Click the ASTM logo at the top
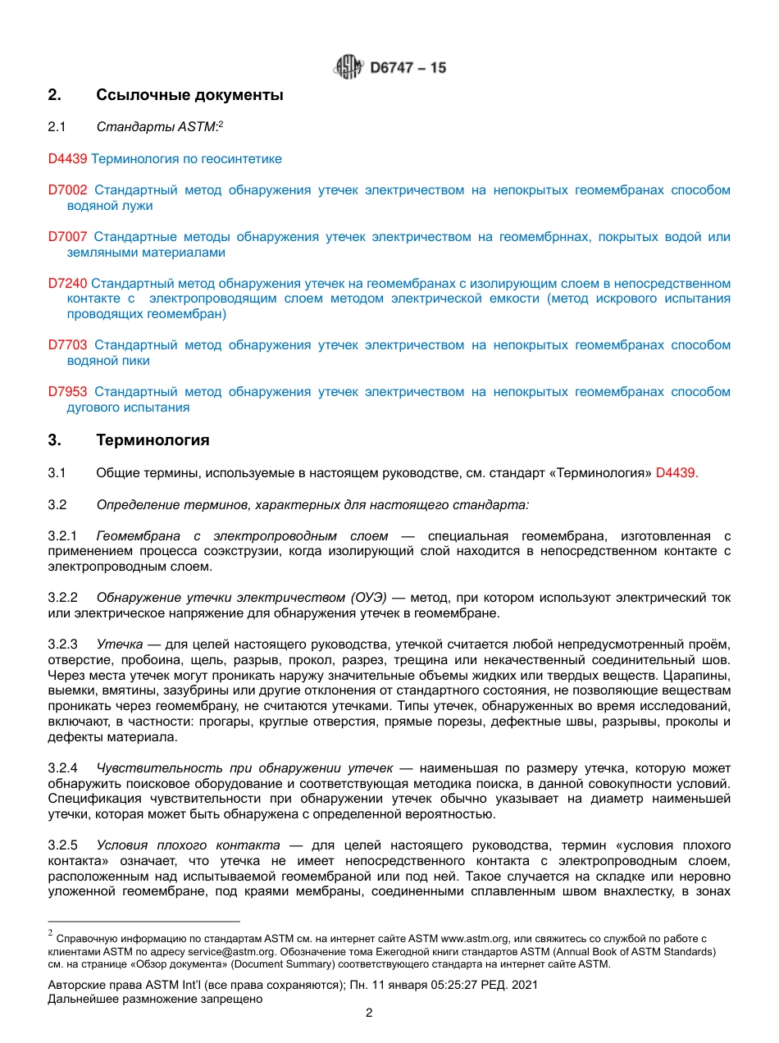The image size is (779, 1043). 347,67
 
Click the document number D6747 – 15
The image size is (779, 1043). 408,68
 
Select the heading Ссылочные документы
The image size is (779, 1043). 189,95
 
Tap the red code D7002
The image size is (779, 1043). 67,190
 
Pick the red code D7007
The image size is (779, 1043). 67,237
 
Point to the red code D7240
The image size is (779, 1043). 67,284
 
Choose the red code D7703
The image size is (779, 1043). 67,345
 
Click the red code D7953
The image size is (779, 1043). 67,392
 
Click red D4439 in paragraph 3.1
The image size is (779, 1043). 676,473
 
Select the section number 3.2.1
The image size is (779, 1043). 62,536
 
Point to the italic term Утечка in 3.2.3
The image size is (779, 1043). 120,644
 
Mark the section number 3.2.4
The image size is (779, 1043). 62,768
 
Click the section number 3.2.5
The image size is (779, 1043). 62,845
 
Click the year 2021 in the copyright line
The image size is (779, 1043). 524,985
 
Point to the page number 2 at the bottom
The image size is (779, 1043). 369,1013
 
